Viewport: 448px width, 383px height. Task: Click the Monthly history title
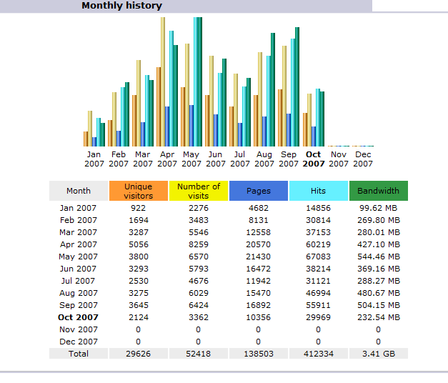tap(121, 6)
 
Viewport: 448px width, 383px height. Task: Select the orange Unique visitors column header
tap(138, 191)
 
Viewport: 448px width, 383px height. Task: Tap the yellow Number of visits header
tap(198, 191)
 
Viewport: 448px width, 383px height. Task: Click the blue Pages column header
tap(258, 191)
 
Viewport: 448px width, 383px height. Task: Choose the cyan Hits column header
tap(318, 191)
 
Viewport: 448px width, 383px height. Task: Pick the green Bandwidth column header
tap(378, 191)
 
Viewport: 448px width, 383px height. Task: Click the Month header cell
tap(79, 191)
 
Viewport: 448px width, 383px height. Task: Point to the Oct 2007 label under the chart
tap(313, 159)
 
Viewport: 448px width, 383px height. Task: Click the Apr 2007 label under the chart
tap(167, 159)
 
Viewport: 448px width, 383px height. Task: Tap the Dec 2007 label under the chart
tap(363, 159)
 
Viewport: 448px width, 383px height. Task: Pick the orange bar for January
tap(86, 139)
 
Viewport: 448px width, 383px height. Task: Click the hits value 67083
tap(318, 257)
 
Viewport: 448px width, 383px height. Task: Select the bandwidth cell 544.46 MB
tap(378, 257)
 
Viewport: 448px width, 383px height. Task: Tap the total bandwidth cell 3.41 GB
tap(378, 354)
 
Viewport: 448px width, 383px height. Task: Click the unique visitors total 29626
tap(138, 354)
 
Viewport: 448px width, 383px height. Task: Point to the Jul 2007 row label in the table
tap(79, 281)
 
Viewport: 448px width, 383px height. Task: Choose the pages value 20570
tap(258, 244)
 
